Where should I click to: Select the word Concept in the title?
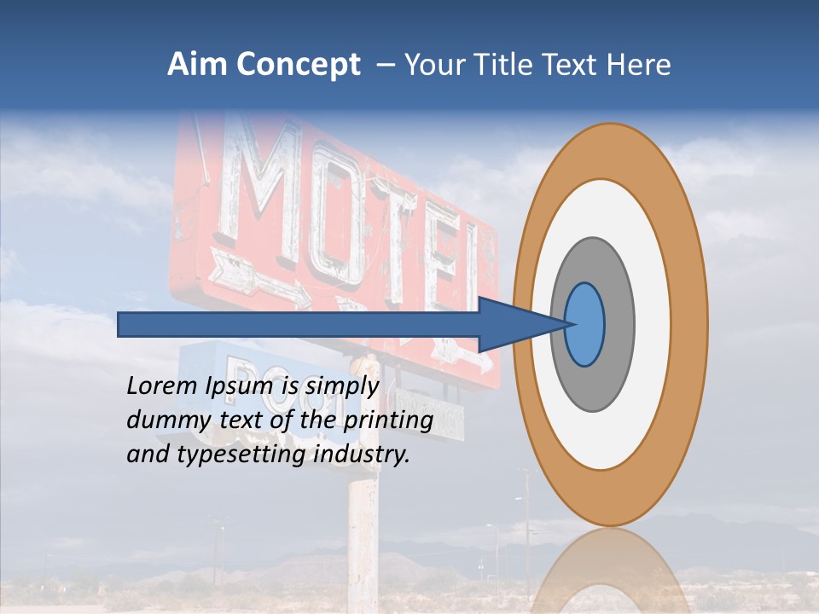point(299,66)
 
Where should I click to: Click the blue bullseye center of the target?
point(585,325)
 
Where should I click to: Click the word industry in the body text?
point(362,455)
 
